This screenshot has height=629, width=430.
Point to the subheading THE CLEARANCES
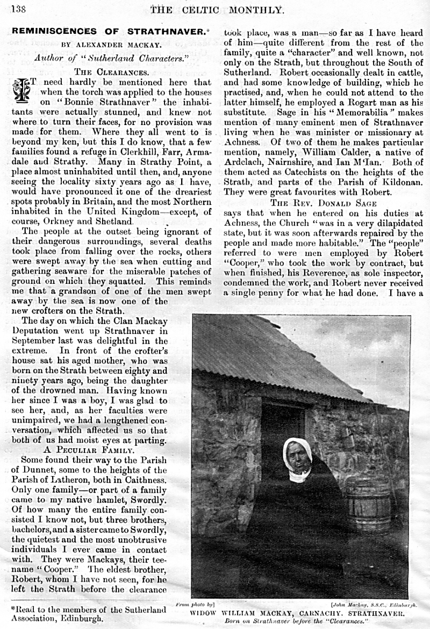pos(111,71)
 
